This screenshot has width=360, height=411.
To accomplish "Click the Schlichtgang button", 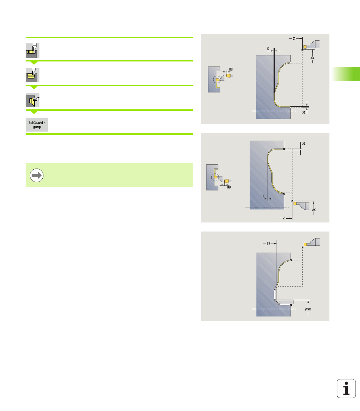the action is click(37, 124).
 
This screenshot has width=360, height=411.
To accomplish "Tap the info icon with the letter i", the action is click(346, 388).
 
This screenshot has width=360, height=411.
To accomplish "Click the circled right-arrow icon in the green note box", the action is click(37, 175).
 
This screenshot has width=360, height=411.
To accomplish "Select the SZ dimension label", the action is click(268, 244).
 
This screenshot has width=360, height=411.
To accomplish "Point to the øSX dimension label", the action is click(308, 309).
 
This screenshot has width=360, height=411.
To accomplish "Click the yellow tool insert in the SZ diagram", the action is click(305, 245).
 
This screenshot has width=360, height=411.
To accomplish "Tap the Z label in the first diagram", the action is click(294, 38).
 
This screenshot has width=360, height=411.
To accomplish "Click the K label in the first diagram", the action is click(268, 49).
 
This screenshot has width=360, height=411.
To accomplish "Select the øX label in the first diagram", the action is click(312, 58).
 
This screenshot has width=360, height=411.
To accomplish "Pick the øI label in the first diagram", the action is click(304, 112).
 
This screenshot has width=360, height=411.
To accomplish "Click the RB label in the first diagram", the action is click(231, 69).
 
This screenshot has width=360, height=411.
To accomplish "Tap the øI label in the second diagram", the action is click(304, 144).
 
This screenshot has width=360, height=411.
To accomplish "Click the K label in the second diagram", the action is click(264, 196).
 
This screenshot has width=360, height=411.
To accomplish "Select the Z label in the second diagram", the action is click(284, 218).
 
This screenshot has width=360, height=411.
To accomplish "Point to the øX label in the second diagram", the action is click(314, 210).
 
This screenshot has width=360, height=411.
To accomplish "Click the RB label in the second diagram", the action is click(229, 187).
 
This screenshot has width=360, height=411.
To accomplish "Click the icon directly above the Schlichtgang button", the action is click(32, 100).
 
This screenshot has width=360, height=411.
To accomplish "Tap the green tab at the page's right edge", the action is click(346, 74).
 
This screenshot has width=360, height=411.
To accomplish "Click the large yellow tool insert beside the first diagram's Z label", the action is click(305, 47).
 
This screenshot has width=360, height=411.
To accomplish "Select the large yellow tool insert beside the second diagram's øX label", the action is click(295, 204).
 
